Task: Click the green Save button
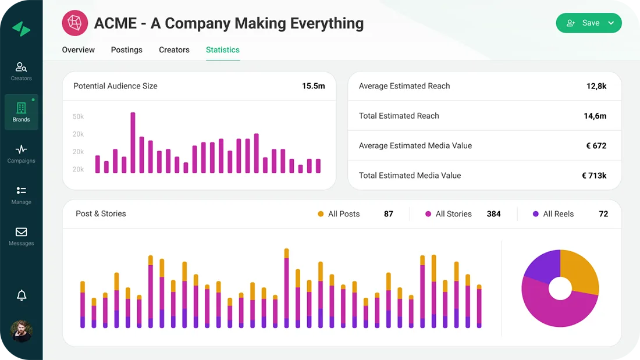click(x=588, y=23)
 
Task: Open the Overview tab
click(x=79, y=50)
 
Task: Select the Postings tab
click(x=127, y=50)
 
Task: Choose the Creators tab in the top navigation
click(x=174, y=50)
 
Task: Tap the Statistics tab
click(x=223, y=50)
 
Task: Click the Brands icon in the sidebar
click(x=22, y=112)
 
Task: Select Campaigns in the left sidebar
click(x=22, y=154)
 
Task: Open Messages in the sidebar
click(x=22, y=236)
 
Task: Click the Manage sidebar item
click(x=22, y=195)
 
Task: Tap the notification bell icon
click(x=22, y=295)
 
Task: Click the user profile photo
click(x=22, y=331)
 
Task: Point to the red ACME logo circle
click(x=75, y=23)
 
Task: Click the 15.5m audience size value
click(x=313, y=86)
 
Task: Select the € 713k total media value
click(x=594, y=176)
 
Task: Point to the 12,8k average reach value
click(x=596, y=86)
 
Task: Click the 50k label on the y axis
click(x=78, y=117)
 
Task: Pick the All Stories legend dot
click(x=428, y=214)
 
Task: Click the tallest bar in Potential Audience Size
click(x=133, y=142)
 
